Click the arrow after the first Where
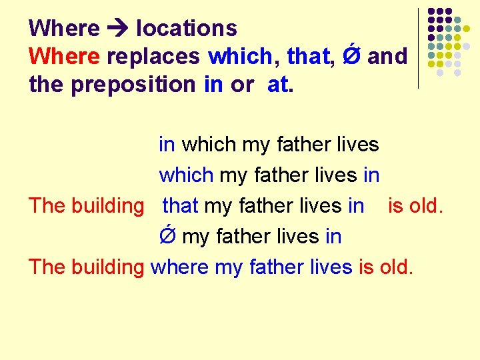(x=117, y=29)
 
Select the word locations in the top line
(x=186, y=28)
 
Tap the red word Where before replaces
(x=64, y=57)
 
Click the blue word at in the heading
(x=278, y=85)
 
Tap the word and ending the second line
(x=387, y=57)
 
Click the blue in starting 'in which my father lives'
(x=167, y=144)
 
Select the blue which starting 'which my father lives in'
(x=186, y=175)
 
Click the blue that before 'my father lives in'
(x=181, y=205)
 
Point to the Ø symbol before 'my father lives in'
(x=167, y=235)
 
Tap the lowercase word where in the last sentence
(x=180, y=267)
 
